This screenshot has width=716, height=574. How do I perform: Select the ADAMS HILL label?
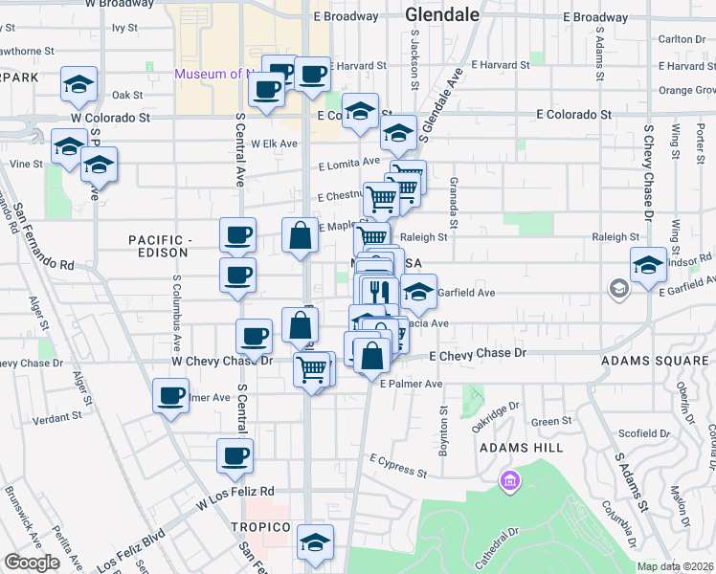coord(514,447)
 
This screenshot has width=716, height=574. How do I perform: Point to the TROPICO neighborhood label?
coord(259,528)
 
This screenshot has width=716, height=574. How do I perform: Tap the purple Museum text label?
coord(215,75)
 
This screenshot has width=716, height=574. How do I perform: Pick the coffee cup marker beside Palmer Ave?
coord(172,395)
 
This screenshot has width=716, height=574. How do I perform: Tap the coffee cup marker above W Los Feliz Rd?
coord(235,455)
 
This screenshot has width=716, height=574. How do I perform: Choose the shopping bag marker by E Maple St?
coord(301,235)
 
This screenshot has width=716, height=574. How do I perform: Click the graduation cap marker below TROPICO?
coord(315,541)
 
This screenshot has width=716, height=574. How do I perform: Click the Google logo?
coord(32,563)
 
